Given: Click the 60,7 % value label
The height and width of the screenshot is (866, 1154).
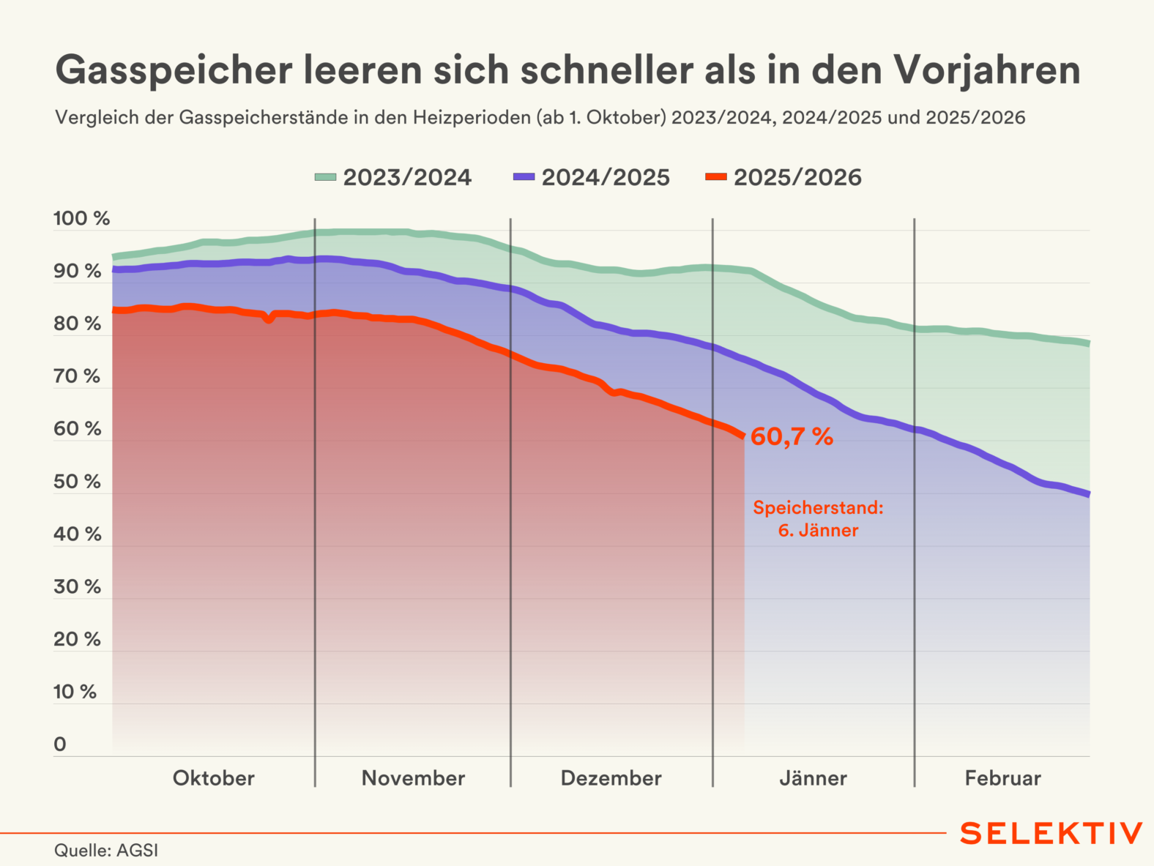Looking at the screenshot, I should click(792, 437).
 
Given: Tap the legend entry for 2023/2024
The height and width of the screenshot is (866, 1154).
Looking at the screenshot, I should click(393, 177).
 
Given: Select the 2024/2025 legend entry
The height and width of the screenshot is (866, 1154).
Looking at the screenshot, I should click(592, 177).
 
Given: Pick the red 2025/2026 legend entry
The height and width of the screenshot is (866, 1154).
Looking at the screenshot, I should click(783, 177).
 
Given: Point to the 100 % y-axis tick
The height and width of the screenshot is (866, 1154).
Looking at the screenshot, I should click(81, 218).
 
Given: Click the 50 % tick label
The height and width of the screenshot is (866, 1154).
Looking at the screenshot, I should click(77, 481).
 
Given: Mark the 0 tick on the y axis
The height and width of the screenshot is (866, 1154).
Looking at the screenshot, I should click(60, 744).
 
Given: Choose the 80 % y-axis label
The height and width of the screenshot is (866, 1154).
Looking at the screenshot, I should click(77, 324).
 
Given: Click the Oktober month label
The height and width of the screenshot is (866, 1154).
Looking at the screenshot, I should click(213, 778).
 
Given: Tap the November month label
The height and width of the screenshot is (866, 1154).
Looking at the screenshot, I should click(413, 778).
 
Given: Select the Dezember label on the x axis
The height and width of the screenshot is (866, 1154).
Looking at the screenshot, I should click(611, 778).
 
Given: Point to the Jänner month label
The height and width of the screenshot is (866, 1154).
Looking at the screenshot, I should click(813, 778).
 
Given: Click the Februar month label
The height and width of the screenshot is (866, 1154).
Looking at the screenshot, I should click(1002, 778).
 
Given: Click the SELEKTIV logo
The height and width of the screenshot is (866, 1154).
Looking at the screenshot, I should click(1051, 833).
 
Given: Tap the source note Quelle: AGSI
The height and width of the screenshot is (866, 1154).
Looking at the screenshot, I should click(106, 851).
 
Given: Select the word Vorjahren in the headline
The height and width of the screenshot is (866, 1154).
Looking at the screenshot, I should click(986, 70).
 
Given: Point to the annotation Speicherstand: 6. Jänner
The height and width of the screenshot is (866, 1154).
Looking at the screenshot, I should click(818, 518).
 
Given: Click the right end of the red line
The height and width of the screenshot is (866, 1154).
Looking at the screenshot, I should click(743, 436).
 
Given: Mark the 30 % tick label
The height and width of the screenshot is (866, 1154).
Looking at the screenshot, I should click(77, 586).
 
